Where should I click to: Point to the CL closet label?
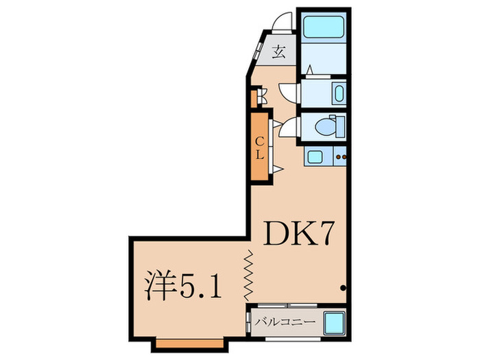260,147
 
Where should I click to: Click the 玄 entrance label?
279,51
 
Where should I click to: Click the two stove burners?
341,157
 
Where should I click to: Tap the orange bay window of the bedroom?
189,341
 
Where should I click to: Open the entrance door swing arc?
280,23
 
